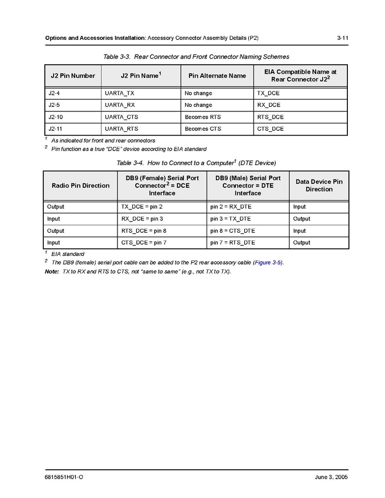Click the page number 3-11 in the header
(342, 38)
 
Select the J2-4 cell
(54, 93)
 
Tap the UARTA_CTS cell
(120, 117)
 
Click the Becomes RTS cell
(203, 117)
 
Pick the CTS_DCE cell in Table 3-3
(270, 129)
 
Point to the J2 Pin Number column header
(73, 76)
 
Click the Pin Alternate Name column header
(217, 76)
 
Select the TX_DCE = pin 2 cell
(142, 207)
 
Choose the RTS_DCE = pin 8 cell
(143, 230)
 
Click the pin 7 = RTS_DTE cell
(233, 243)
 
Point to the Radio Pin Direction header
(80, 186)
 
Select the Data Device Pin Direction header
(319, 186)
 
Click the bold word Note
(52, 271)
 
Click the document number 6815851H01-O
(64, 478)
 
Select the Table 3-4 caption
(196, 163)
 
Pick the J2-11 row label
(55, 129)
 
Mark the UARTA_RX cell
(120, 105)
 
